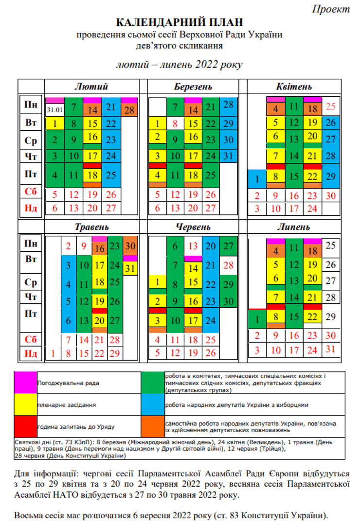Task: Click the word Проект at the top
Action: [x=331, y=9]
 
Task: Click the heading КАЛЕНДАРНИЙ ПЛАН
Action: [x=179, y=22]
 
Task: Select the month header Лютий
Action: [x=91, y=87]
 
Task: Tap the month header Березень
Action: [x=193, y=87]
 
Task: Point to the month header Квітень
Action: [x=294, y=87]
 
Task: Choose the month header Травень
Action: [x=91, y=227]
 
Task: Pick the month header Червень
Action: [x=193, y=227]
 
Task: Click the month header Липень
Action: [x=294, y=227]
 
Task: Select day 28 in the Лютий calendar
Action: [x=129, y=110]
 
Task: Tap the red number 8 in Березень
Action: [x=175, y=123]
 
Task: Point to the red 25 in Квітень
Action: [x=331, y=106]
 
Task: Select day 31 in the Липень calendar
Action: [x=331, y=349]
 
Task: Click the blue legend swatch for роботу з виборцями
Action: [x=153, y=404]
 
